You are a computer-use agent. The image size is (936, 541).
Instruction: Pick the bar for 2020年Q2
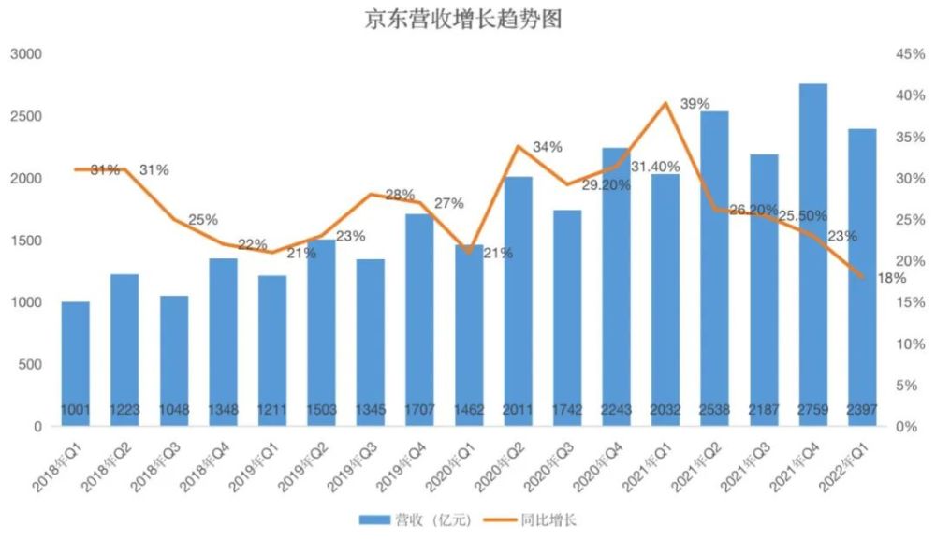[518, 300]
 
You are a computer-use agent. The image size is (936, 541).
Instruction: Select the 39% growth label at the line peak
[695, 103]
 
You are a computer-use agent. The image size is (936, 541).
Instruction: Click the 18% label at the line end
[890, 278]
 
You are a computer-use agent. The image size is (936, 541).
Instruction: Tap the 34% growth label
[548, 147]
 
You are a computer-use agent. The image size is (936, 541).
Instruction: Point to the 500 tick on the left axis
[32, 364]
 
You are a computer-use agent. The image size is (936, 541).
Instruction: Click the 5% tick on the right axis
[913, 385]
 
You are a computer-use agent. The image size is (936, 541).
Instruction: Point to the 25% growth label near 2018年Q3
[202, 220]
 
